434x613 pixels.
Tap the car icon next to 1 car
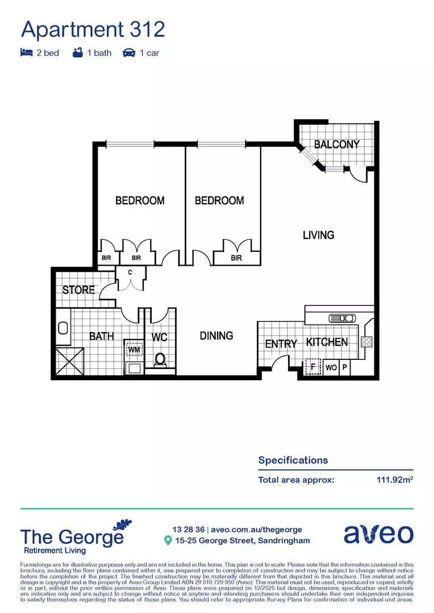tap(128, 53)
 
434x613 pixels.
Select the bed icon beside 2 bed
tap(26, 53)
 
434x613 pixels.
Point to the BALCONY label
tap(337, 144)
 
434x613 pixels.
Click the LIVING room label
tap(318, 234)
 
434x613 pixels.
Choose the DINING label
tap(216, 335)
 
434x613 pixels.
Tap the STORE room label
tap(78, 289)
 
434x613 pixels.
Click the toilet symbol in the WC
tap(160, 359)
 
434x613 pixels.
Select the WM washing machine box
tap(134, 350)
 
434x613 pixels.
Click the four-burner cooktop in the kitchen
tap(367, 342)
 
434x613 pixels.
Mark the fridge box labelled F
tap(312, 367)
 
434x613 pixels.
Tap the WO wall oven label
tap(331, 367)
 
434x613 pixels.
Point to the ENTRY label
tap(281, 344)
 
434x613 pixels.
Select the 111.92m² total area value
tap(394, 480)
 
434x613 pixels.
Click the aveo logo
tap(378, 534)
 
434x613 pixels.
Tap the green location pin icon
tap(168, 540)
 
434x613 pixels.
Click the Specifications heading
tap(293, 460)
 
